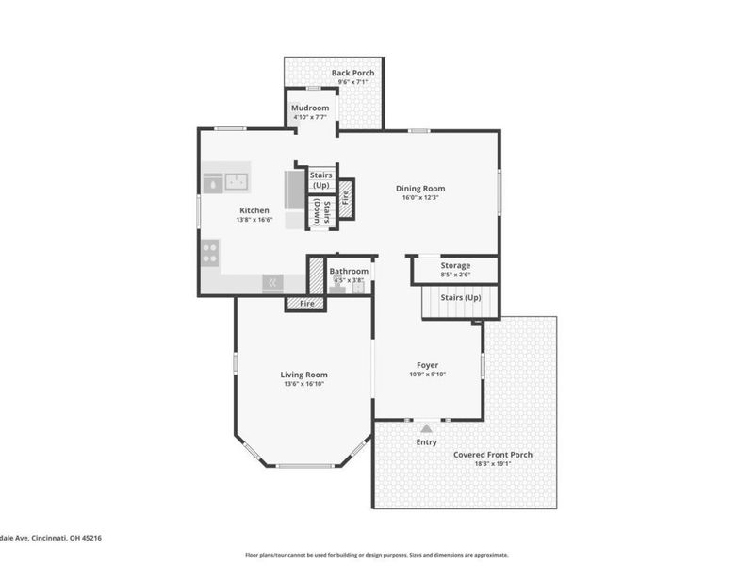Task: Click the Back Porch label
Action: point(352,73)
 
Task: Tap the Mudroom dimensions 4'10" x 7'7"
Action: point(309,118)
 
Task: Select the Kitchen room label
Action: point(254,210)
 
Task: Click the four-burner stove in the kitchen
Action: point(209,252)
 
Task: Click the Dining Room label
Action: point(420,188)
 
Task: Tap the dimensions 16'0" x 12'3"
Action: point(420,197)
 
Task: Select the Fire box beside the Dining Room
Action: point(346,199)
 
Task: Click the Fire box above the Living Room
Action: point(306,304)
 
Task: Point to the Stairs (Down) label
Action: point(322,212)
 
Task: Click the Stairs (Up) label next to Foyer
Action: point(462,298)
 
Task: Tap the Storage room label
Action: point(455,265)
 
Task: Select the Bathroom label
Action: point(348,271)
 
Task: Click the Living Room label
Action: point(304,375)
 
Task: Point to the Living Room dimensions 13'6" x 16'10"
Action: point(304,384)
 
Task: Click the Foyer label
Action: point(428,364)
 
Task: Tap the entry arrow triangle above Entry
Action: point(426,428)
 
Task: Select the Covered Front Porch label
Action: point(492,455)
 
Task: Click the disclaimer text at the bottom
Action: point(377,555)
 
